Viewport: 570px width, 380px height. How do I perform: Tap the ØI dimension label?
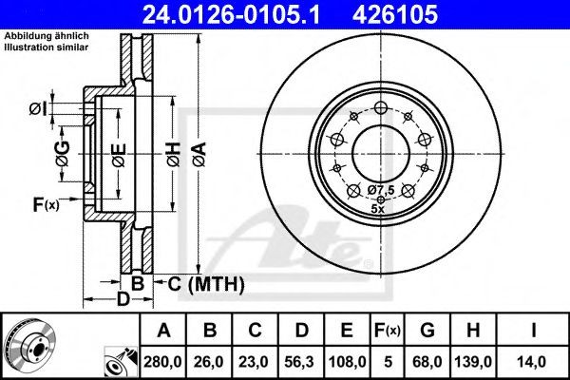pyautogui.click(x=37, y=108)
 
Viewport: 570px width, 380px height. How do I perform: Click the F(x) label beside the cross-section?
pyautogui.click(x=46, y=203)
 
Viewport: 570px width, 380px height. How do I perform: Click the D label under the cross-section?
pyautogui.click(x=122, y=301)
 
